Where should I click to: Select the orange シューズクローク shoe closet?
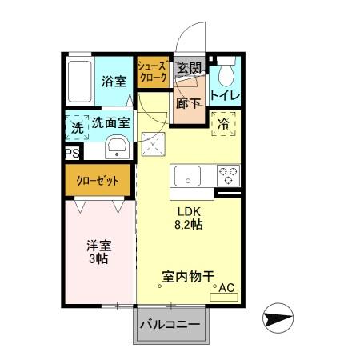(x=151, y=73)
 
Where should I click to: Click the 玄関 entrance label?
(x=188, y=68)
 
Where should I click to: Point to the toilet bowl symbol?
(x=224, y=73)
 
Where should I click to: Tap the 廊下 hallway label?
(x=189, y=103)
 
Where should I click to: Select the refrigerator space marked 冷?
(x=223, y=123)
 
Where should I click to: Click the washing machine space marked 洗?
(x=77, y=126)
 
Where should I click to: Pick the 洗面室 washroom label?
(x=110, y=124)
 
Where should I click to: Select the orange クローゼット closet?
(x=98, y=181)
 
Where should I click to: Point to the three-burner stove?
(x=228, y=175)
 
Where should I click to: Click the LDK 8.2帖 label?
(x=190, y=218)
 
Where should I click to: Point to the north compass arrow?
(x=278, y=319)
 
